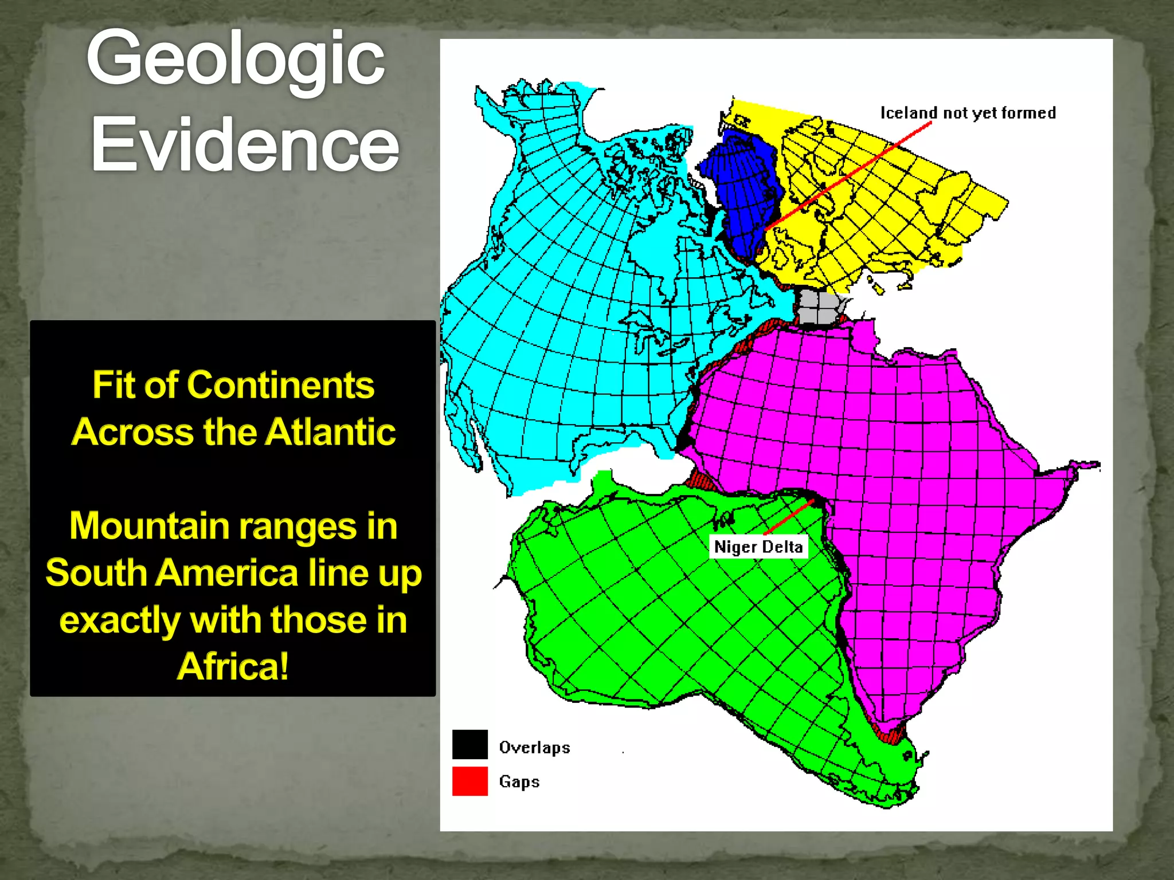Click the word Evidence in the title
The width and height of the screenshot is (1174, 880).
click(245, 144)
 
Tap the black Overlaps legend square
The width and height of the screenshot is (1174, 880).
click(469, 744)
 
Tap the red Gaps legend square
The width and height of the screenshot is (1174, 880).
click(469, 781)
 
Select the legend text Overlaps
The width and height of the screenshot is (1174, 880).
click(534, 747)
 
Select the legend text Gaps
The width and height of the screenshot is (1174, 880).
click(519, 781)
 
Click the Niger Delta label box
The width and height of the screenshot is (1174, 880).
click(758, 547)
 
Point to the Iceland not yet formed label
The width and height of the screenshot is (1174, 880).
click(968, 113)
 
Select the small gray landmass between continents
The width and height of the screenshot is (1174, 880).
click(820, 308)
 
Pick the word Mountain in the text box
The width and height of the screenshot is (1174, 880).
click(150, 526)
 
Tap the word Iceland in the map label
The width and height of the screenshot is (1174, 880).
click(909, 113)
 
